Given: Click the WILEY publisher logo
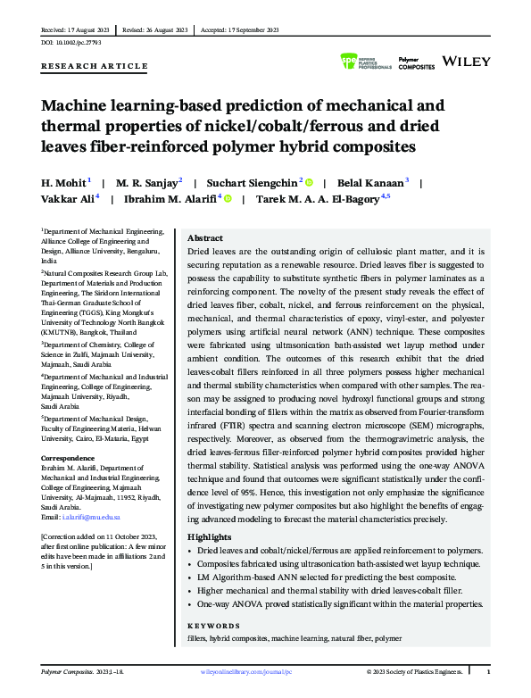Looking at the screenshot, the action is (x=467, y=62).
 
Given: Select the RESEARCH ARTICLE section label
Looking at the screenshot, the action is (x=95, y=67).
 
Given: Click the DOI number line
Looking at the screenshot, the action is (x=71, y=42).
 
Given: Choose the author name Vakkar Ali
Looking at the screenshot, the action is (x=68, y=198).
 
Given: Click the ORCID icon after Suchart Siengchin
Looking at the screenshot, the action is (x=310, y=180).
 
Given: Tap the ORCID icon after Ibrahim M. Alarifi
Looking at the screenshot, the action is (x=228, y=198).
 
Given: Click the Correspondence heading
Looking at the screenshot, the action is (x=71, y=457).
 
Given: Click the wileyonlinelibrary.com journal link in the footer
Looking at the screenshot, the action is (x=245, y=670).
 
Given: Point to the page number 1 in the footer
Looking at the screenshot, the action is (x=488, y=670).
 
